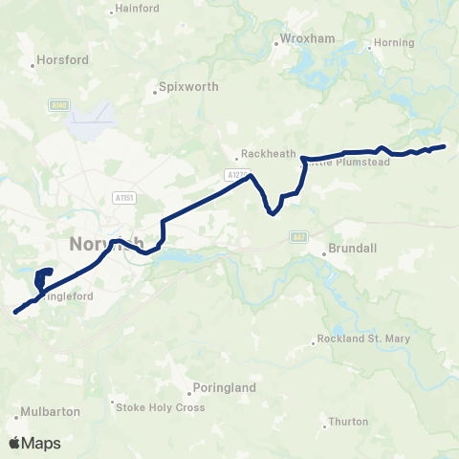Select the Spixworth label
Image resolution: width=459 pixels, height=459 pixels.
click(x=182, y=93)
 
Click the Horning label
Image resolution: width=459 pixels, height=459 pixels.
click(x=395, y=43)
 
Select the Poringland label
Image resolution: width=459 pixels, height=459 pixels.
click(x=221, y=388)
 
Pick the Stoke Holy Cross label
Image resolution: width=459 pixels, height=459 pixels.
click(x=160, y=406)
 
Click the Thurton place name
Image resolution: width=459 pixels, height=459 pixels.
click(x=347, y=421)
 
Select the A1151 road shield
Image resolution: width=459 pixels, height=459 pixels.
click(x=122, y=197)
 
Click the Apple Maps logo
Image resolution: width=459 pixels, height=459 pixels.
click(x=33, y=443)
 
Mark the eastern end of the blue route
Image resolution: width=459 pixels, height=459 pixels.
click(x=445, y=146)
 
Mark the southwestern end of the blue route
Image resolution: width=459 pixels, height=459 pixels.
click(x=15, y=312)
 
